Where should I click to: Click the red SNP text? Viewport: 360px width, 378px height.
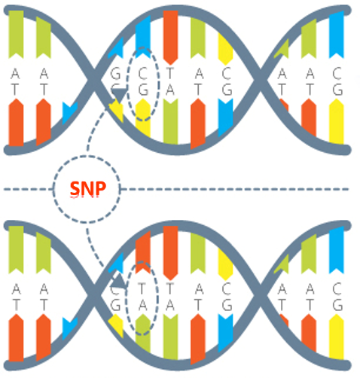[x=88, y=188]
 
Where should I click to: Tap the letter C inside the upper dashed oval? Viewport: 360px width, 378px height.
[x=142, y=74]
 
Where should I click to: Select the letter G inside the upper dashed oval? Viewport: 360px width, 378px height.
[x=143, y=90]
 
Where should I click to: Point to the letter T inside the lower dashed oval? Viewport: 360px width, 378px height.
[x=142, y=288]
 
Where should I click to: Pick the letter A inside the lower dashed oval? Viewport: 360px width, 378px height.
[x=142, y=305]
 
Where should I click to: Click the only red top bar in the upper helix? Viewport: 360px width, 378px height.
[x=170, y=38]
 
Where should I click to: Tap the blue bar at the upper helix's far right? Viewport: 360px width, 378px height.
[x=337, y=35]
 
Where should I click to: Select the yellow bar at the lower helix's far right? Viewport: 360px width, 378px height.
[x=337, y=337]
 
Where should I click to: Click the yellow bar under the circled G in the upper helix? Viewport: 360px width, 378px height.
[x=143, y=117]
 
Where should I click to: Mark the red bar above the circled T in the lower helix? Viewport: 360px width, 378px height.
[x=143, y=252]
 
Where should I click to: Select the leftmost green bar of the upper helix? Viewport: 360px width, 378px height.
[x=16, y=35]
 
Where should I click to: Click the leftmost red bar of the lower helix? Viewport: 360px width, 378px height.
[x=16, y=338]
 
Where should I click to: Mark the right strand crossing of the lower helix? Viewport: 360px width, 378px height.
[x=261, y=296]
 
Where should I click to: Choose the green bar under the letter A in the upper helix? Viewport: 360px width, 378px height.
[x=170, y=121]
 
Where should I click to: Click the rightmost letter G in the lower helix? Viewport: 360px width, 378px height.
[x=337, y=305]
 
